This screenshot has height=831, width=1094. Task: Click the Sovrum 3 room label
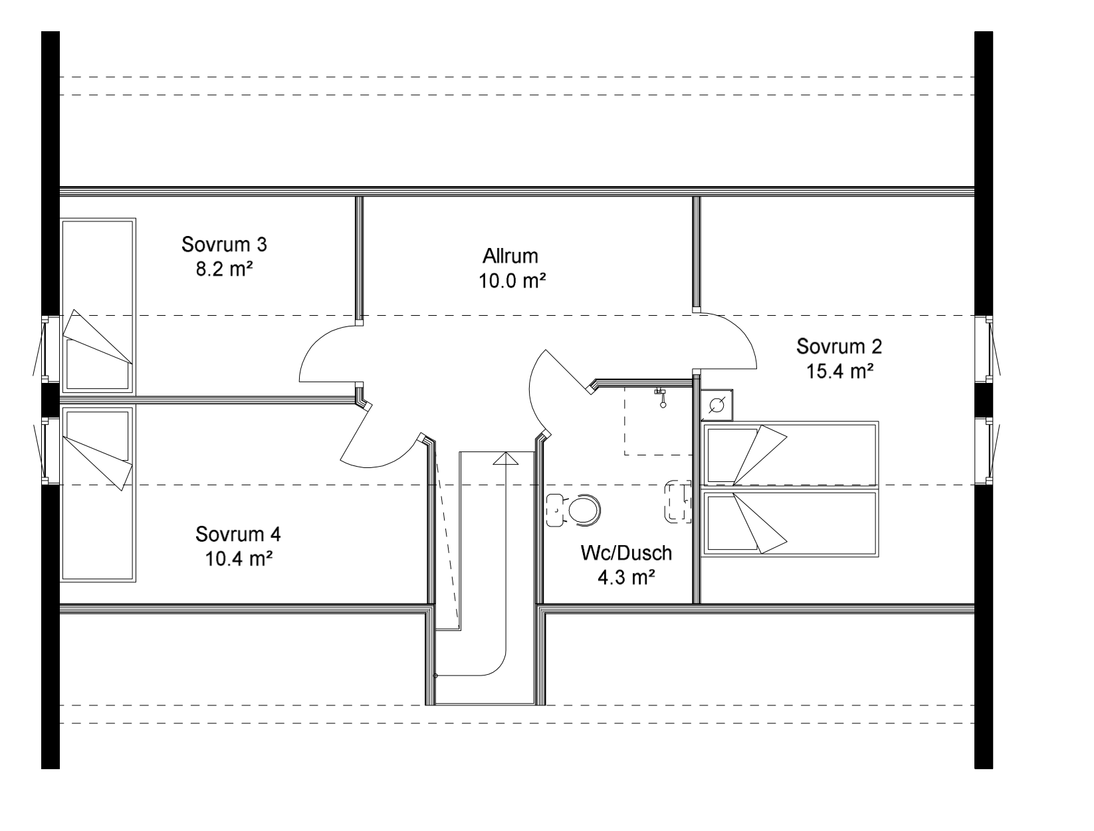pyautogui.click(x=224, y=244)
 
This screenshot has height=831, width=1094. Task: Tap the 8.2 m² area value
pyautogui.click(x=224, y=269)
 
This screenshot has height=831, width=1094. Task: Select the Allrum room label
pyautogui.click(x=510, y=256)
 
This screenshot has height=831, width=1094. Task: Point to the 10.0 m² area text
pyautogui.click(x=512, y=281)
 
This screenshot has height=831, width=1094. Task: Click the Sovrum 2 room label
pyautogui.click(x=839, y=346)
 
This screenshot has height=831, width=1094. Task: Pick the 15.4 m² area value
pyautogui.click(x=840, y=372)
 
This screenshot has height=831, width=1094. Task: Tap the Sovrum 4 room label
pyautogui.click(x=238, y=534)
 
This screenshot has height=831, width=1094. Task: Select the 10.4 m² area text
pyautogui.click(x=239, y=559)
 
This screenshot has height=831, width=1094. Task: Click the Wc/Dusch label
pyautogui.click(x=627, y=553)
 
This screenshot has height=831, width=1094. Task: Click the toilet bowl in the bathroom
pyautogui.click(x=582, y=510)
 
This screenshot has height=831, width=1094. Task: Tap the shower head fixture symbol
pyautogui.click(x=661, y=398)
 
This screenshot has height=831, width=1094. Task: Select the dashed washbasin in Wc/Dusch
pyautogui.click(x=679, y=501)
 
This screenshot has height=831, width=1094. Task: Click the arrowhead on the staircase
pyautogui.click(x=505, y=458)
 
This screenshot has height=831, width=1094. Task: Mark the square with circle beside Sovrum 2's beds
pyautogui.click(x=716, y=406)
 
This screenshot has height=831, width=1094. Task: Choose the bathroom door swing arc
pyautogui.click(x=532, y=394)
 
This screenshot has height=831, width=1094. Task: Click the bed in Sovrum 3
pyautogui.click(x=98, y=306)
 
